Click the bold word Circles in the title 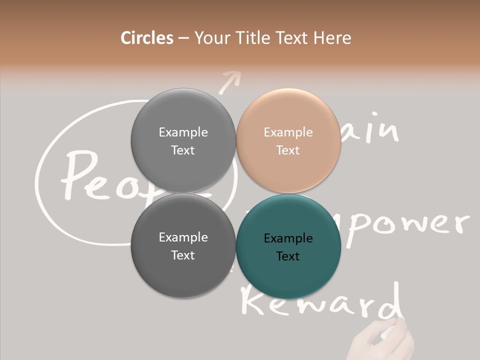147,38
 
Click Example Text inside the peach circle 288,141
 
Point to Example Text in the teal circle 288,247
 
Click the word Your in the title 210,38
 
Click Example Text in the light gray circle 183,141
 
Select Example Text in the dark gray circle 183,246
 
